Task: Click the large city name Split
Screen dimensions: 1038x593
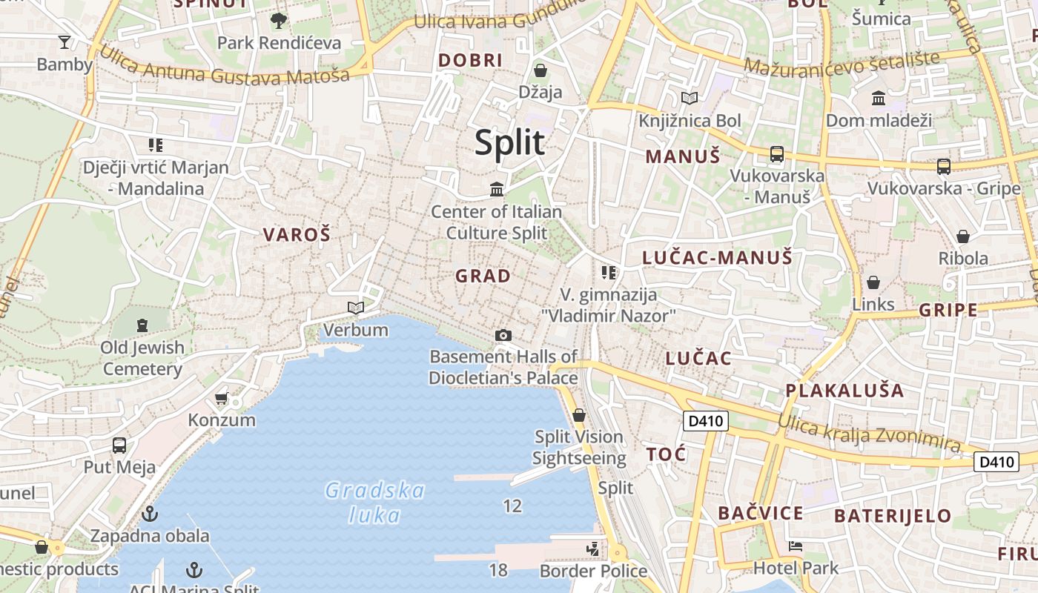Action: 510,142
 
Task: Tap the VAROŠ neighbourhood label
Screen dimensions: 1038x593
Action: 297,235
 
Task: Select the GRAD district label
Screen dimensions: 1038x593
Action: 483,276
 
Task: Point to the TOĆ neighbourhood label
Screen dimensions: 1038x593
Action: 666,454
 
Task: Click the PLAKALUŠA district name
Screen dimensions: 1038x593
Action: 844,391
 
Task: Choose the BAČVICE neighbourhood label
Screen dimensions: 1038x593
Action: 760,514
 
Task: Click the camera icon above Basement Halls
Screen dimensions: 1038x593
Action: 503,336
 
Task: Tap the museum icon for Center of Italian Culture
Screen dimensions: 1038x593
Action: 497,190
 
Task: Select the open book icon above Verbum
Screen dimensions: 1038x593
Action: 356,308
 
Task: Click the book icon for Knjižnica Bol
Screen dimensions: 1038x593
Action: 690,98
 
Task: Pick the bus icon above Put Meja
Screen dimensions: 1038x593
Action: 119,445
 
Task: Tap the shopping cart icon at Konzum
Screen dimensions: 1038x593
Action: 221,399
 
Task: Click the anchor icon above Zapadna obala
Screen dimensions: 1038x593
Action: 151,513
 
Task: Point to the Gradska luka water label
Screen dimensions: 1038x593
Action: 375,503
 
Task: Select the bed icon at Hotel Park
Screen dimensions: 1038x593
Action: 796,546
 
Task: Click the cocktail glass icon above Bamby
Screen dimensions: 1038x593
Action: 65,42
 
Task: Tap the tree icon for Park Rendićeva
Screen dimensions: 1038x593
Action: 279,20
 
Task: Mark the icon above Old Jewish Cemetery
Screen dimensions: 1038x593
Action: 142,325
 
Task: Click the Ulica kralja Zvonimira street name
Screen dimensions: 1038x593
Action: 868,433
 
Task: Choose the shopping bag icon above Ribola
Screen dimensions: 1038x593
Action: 962,236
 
